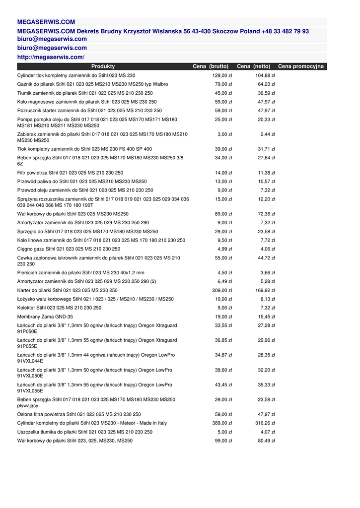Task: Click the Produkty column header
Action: point(103,66)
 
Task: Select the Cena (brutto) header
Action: point(211,66)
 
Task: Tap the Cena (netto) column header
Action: point(254,66)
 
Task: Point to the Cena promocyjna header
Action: point(301,66)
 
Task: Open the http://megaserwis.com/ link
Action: point(51,57)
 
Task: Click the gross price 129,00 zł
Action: point(222,75)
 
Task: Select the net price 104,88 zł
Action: point(265,75)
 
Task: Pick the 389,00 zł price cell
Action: point(222,423)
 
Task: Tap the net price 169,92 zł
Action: point(265,290)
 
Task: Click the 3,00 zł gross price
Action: point(225,134)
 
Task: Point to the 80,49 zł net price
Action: point(267,441)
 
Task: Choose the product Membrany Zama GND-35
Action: point(45,317)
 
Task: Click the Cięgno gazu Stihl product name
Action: point(69,249)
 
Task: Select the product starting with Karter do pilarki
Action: point(68,290)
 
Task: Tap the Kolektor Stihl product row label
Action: point(59,308)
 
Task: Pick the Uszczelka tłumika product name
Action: point(85,432)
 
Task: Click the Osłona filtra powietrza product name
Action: point(79,414)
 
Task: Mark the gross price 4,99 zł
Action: point(225,249)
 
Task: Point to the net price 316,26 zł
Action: point(265,423)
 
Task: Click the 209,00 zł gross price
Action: point(222,290)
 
